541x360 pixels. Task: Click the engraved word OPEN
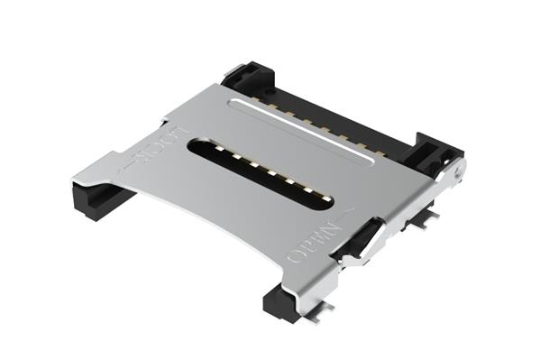tap(313, 244)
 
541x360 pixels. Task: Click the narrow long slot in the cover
tap(301, 131)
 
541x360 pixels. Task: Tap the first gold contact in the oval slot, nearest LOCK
tap(219, 148)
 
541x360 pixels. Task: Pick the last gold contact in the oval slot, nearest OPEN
tap(326, 198)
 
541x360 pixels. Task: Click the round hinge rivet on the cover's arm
tap(458, 171)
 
